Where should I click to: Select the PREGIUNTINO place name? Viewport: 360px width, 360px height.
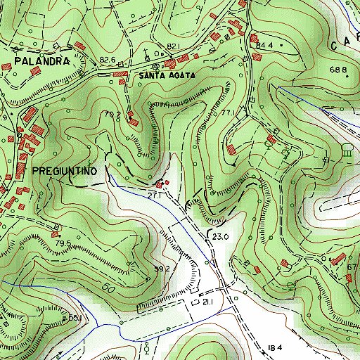[67, 170]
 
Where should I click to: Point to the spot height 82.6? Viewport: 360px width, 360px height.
[108, 60]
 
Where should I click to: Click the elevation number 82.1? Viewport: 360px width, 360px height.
[174, 46]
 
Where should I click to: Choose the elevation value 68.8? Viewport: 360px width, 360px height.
[340, 69]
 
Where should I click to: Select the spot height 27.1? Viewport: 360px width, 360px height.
[155, 195]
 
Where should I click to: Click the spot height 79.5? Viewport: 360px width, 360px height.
[64, 243]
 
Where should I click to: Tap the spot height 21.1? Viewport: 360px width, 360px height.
[207, 302]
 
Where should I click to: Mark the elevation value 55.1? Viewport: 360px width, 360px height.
[76, 319]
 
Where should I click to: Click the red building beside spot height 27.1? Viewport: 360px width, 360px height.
[161, 185]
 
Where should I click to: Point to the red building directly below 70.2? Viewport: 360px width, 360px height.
[133, 124]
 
